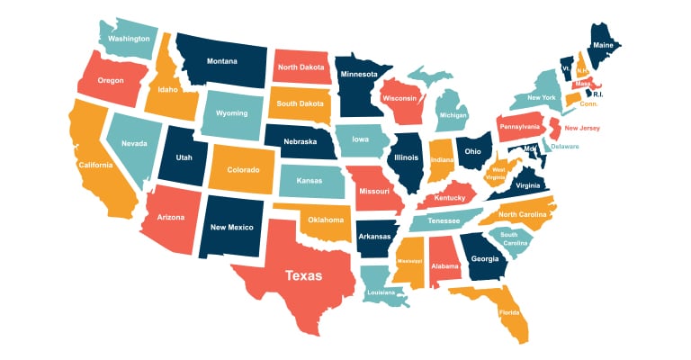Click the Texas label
(x=303, y=276)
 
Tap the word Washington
(x=129, y=40)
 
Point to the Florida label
(x=510, y=312)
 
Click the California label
(x=95, y=166)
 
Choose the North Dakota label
(x=301, y=67)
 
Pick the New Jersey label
(x=581, y=129)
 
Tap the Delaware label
(x=564, y=146)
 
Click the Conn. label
(x=588, y=104)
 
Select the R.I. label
(x=597, y=94)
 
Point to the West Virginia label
(x=498, y=173)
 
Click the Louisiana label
(x=381, y=292)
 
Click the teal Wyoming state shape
(x=230, y=116)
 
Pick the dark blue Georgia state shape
(x=484, y=257)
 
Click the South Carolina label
(x=514, y=238)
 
